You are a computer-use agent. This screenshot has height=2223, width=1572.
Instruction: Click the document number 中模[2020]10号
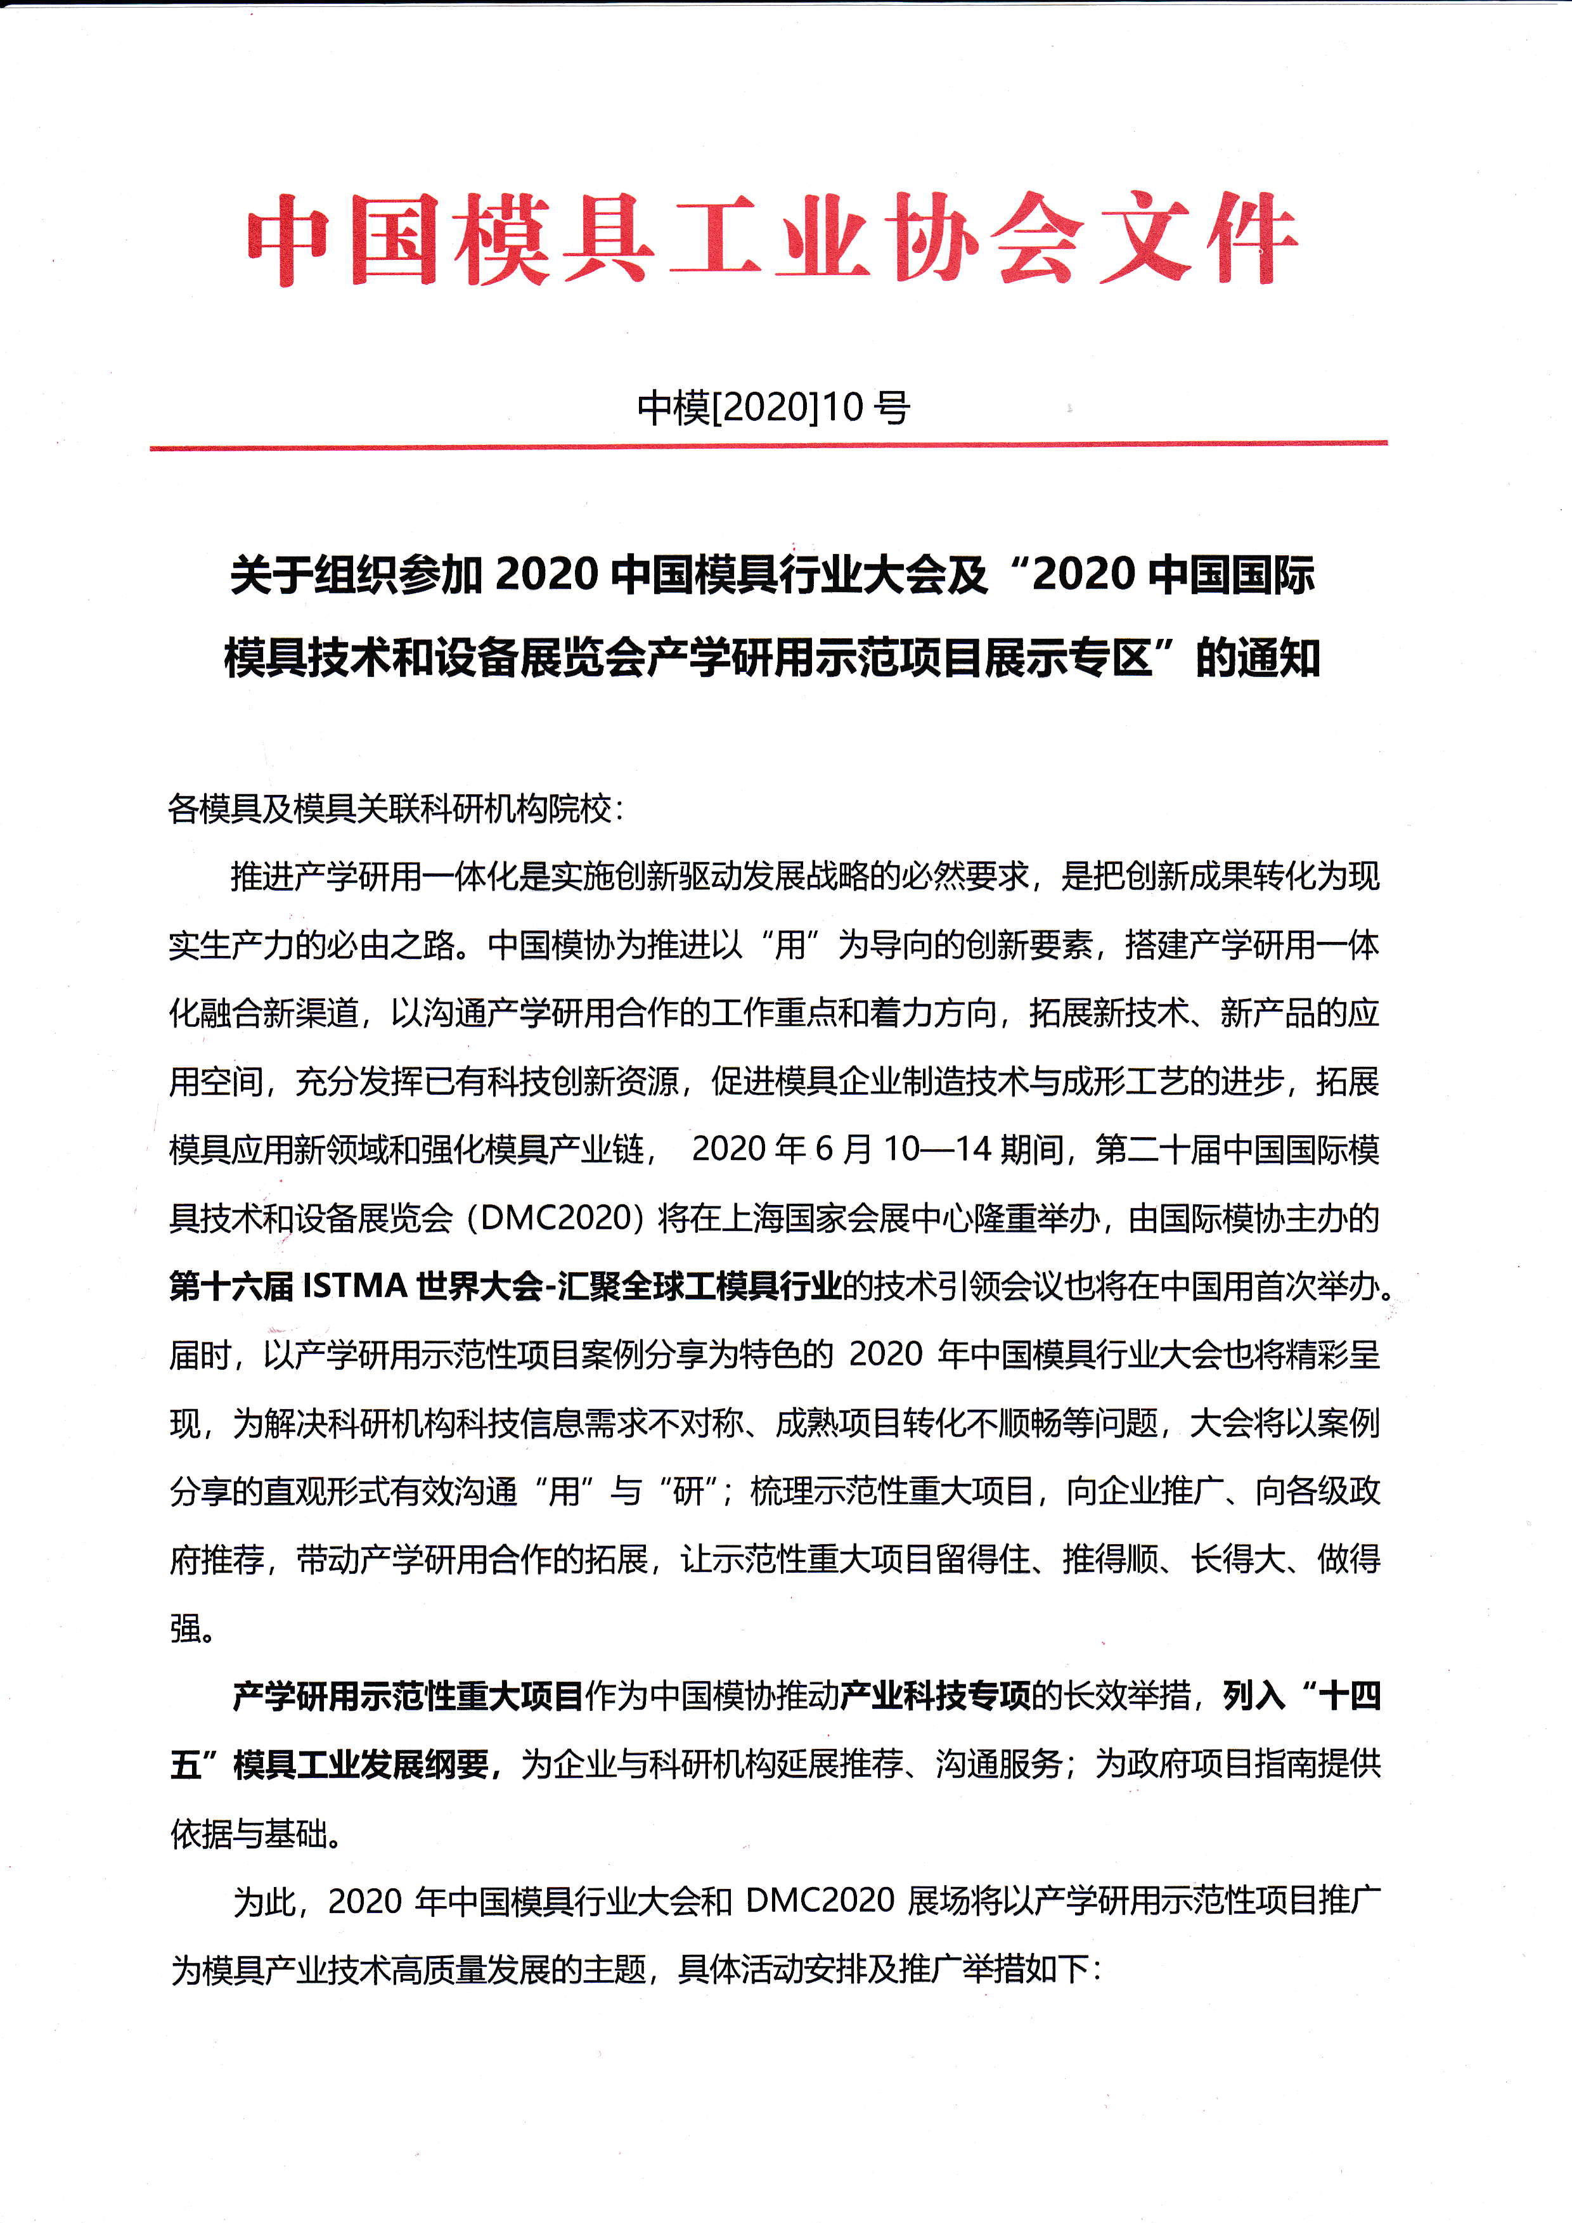coord(773,408)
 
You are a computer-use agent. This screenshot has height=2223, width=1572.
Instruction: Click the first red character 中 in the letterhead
coord(288,238)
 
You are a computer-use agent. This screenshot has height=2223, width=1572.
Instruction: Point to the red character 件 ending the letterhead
coord(1249,238)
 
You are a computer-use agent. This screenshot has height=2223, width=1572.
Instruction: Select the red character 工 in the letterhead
coord(716,238)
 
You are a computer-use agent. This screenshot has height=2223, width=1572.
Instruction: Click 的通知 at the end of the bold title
coord(1258,659)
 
